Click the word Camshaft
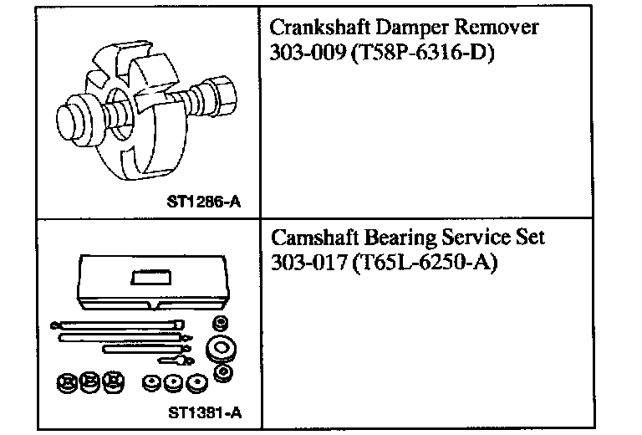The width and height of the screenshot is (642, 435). [x=315, y=238]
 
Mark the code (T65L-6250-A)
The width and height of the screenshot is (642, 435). [x=425, y=262]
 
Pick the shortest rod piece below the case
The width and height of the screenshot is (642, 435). [x=180, y=361]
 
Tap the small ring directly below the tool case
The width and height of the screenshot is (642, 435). [x=221, y=323]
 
